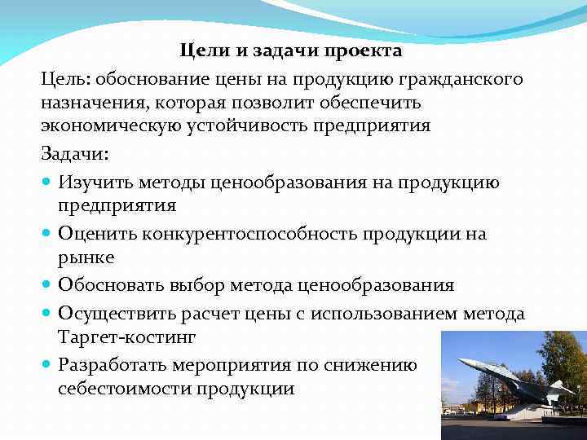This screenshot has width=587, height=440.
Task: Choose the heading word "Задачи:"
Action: point(73,153)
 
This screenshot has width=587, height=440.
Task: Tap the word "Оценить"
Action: point(96,234)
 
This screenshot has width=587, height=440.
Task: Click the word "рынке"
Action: point(86,257)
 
